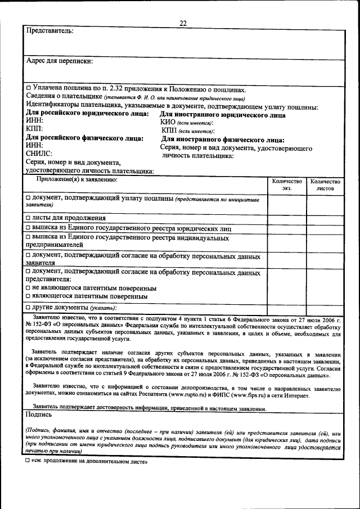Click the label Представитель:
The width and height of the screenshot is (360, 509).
coord(50,30)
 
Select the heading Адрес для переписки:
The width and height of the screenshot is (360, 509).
coord(60,60)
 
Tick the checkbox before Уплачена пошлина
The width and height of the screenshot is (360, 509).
coord(29,89)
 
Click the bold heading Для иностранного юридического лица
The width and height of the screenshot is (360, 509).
coord(223,115)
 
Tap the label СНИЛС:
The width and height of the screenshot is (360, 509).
coord(39,153)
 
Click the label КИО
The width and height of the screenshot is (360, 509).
coord(168,123)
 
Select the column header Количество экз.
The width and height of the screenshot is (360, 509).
coord(287,185)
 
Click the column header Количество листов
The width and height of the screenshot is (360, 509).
coord(325,185)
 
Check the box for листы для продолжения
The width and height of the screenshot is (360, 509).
coord(29,218)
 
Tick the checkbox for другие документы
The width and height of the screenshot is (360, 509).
coord(29,308)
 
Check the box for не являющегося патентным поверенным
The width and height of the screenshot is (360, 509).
coord(29,289)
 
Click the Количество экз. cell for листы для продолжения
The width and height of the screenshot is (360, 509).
coord(287,218)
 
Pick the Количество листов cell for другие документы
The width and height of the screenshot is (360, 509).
coord(325,308)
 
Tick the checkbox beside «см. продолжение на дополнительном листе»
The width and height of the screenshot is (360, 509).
coord(28,462)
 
